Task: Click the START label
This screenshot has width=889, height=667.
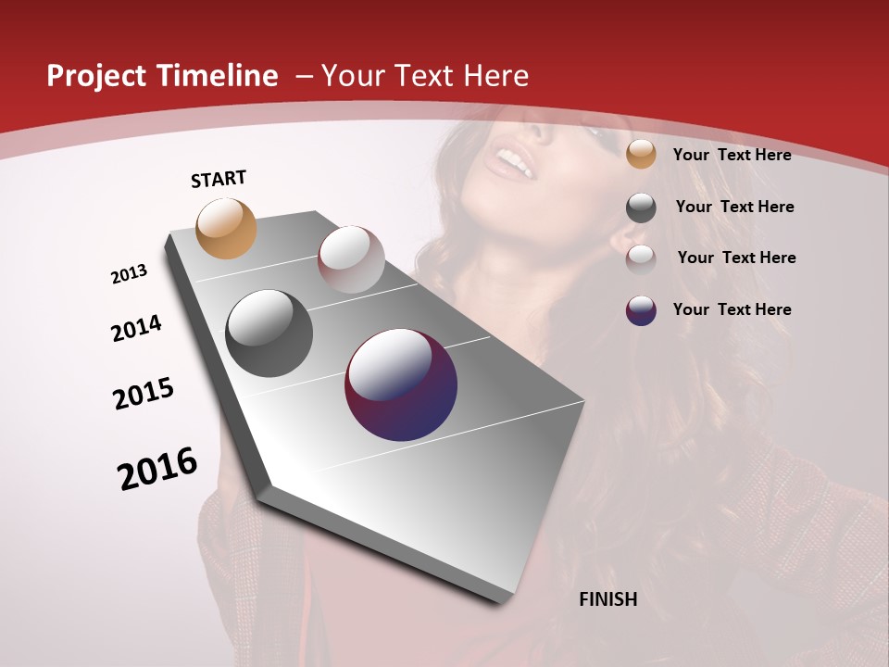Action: tap(219, 179)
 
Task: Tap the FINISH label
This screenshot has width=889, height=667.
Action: tap(607, 599)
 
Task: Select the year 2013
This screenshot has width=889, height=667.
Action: tap(130, 274)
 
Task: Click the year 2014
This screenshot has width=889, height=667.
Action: tap(137, 328)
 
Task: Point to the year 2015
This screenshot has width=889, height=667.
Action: tap(144, 394)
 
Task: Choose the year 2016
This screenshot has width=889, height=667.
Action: tap(157, 469)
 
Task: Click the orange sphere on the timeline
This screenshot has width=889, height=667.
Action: tap(226, 228)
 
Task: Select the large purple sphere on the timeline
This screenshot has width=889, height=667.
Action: tap(401, 384)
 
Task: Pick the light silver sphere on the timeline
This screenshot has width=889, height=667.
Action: tap(351, 258)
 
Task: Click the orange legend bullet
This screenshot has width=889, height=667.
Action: tap(641, 155)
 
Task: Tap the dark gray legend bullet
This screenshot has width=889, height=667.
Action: tap(641, 208)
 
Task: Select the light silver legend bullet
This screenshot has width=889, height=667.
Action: tap(641, 258)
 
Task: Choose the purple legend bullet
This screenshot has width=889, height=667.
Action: tap(641, 310)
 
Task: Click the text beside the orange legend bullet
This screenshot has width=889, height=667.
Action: tap(732, 155)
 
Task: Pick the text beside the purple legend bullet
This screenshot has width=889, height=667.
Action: tap(732, 309)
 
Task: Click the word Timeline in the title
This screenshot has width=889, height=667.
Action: tap(219, 76)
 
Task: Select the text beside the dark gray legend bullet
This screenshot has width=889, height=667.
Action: tap(734, 207)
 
